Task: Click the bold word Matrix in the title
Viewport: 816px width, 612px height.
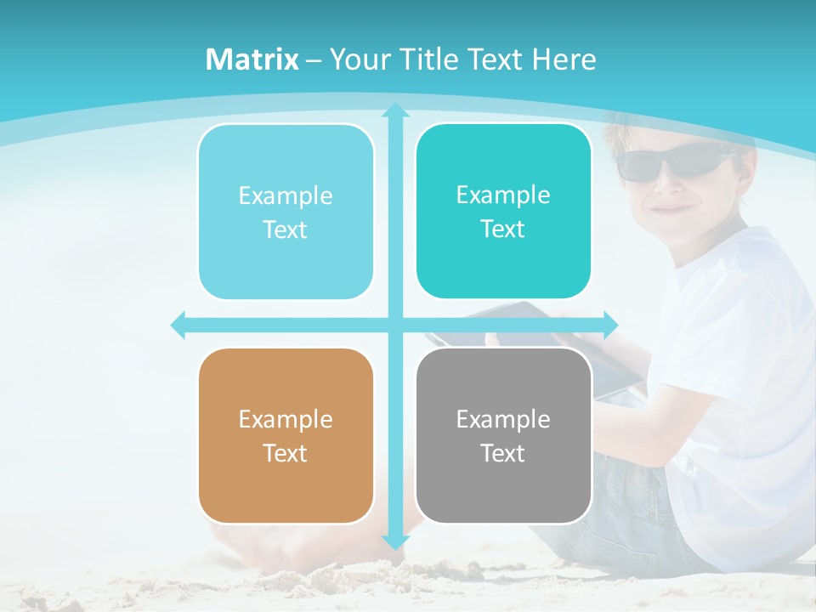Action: pyautogui.click(x=252, y=59)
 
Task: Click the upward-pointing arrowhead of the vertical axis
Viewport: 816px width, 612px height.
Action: pyautogui.click(x=394, y=110)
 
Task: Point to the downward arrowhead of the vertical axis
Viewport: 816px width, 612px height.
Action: pyautogui.click(x=394, y=541)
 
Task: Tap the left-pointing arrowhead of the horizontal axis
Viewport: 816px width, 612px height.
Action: pyautogui.click(x=178, y=325)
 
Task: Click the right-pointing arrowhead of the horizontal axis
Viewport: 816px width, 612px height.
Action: pyautogui.click(x=611, y=325)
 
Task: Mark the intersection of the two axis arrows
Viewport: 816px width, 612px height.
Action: pyautogui.click(x=394, y=325)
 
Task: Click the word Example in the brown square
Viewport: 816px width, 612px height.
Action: pyautogui.click(x=286, y=419)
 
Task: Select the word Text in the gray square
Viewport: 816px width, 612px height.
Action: pyautogui.click(x=503, y=453)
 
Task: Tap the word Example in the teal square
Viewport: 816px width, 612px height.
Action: pyautogui.click(x=503, y=195)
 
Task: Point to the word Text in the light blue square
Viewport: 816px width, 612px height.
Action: pyautogui.click(x=286, y=229)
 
